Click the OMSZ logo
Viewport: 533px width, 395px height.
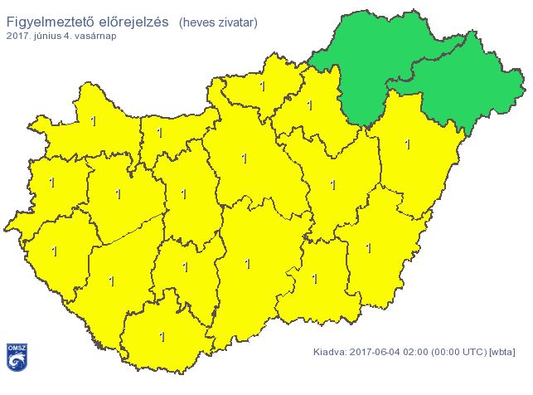coord(16,358)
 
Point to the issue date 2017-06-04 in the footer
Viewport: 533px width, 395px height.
coord(375,352)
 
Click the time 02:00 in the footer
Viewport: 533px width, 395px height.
coord(417,352)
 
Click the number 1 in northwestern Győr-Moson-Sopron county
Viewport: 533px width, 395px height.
coord(93,122)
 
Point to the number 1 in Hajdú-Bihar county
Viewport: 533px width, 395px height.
coord(407,144)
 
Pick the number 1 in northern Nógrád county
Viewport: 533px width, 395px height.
coord(262,86)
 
